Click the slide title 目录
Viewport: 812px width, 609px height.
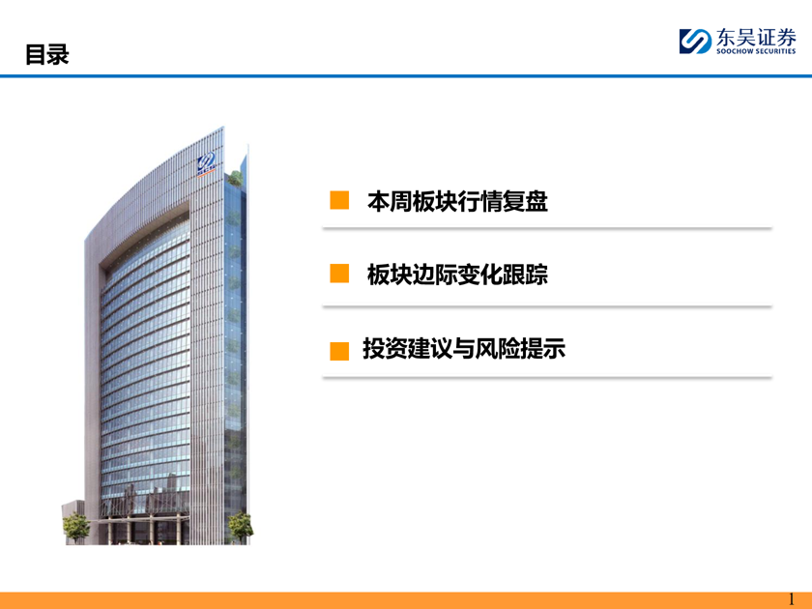(x=47, y=54)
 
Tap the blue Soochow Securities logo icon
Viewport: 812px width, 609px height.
(x=695, y=41)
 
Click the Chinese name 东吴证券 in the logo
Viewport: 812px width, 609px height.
(x=756, y=38)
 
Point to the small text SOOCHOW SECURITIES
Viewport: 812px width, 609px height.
(x=756, y=51)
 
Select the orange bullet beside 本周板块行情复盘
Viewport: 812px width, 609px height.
(x=339, y=200)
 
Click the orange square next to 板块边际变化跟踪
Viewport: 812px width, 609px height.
(x=339, y=274)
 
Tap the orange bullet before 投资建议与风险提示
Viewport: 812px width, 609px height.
(x=339, y=351)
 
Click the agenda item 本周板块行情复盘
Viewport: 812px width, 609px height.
(x=457, y=201)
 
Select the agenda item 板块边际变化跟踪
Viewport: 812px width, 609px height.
(x=457, y=275)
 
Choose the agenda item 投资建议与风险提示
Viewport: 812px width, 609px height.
(x=464, y=349)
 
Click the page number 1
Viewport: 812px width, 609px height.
(x=792, y=599)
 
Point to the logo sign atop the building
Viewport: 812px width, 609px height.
(x=206, y=165)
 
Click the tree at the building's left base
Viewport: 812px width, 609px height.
(x=76, y=526)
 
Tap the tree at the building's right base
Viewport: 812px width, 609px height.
(x=241, y=527)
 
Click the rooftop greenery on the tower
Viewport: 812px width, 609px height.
(x=235, y=178)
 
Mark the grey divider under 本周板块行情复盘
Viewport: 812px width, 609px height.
(x=547, y=228)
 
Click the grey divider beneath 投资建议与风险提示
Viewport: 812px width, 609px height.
(x=547, y=378)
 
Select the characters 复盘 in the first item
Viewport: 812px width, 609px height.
(x=525, y=201)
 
